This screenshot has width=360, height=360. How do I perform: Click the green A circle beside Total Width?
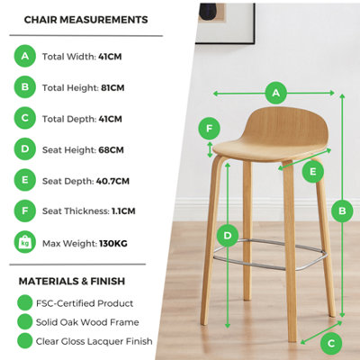[x=25, y=56]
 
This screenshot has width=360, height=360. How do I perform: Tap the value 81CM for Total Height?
[x=112, y=88]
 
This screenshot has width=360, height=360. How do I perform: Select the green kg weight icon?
[x=25, y=242]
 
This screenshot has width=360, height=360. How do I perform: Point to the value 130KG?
[x=113, y=243]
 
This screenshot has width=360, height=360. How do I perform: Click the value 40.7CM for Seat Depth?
[x=112, y=181]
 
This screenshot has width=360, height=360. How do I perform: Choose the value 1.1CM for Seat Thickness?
[x=123, y=211]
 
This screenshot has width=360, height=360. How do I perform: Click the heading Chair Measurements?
[x=85, y=20]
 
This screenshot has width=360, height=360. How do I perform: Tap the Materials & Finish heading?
[x=72, y=282]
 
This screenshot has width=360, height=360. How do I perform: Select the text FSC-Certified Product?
[x=85, y=303]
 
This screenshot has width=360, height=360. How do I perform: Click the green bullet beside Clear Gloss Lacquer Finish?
[x=25, y=341]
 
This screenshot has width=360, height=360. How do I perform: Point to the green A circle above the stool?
[x=276, y=93]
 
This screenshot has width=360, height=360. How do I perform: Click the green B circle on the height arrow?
[x=342, y=211]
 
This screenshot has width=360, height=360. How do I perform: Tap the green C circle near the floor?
[x=331, y=344]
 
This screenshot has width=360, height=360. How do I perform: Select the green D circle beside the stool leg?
[x=228, y=236]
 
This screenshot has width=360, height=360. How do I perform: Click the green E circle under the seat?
[x=313, y=172]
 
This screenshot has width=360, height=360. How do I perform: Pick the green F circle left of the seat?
[x=210, y=129]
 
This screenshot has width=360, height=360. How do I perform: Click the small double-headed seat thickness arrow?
[x=210, y=149]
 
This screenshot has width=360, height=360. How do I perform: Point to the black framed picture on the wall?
[x=225, y=23]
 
